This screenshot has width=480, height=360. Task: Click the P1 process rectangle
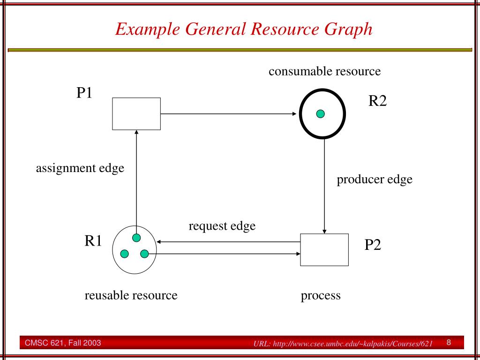136,113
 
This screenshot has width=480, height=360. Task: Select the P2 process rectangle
324,250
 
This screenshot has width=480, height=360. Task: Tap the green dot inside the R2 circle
321,113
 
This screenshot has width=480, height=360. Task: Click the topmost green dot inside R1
136,238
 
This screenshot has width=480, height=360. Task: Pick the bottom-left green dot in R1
125,254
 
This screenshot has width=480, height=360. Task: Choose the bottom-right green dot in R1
144,254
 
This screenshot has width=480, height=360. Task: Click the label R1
93,240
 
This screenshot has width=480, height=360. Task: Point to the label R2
377,101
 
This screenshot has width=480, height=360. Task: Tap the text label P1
85,93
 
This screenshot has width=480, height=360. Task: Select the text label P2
373,244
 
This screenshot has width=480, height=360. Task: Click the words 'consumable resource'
324,72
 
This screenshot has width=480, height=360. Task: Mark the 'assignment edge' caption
80,168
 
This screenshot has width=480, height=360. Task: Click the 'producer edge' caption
375,180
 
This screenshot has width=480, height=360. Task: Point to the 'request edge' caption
222,226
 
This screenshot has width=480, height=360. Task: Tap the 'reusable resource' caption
131,295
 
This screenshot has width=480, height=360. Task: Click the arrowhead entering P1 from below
136,133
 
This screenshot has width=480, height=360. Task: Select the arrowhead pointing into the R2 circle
294,113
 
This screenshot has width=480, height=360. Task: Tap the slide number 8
449,342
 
